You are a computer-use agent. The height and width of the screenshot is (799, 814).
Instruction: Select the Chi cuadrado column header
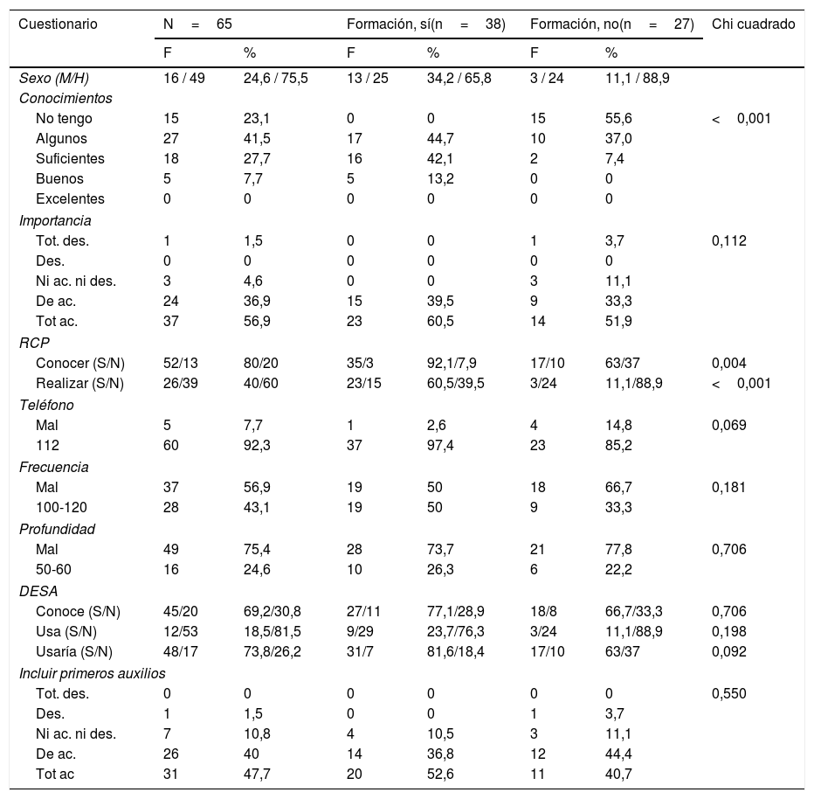(753, 24)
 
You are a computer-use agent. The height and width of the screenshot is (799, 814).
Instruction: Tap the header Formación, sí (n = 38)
(425, 24)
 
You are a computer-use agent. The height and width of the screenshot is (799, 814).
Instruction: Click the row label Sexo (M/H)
(52, 79)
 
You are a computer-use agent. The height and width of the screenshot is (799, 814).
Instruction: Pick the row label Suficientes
(70, 158)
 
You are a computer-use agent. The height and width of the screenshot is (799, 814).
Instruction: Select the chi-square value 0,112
(730, 240)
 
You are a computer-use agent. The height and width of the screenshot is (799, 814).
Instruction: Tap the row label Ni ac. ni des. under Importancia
(76, 281)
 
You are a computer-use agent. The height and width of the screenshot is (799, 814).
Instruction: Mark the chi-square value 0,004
(730, 363)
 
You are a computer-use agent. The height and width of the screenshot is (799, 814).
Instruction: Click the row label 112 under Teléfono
(46, 445)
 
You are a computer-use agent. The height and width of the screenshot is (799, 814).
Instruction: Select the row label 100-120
(61, 507)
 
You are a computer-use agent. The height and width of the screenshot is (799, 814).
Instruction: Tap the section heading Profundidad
(57, 528)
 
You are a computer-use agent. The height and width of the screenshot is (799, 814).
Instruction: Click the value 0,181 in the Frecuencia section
(730, 487)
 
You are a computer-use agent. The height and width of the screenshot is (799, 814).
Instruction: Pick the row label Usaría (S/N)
(74, 652)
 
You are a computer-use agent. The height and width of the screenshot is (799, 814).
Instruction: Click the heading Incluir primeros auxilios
(93, 673)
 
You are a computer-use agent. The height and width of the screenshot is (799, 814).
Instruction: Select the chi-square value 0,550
(730, 693)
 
